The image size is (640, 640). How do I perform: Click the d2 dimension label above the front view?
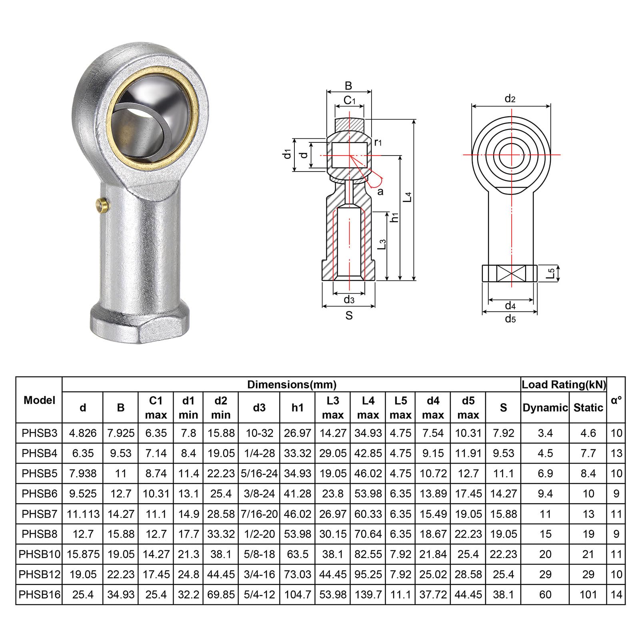pos(510,98)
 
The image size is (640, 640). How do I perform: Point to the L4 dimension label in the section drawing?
pos(408,197)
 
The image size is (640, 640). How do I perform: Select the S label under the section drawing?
pos(349,316)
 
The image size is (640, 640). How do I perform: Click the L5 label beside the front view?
pos(551,273)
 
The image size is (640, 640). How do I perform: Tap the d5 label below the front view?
pos(510,319)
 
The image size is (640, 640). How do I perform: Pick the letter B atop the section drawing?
pos(348,86)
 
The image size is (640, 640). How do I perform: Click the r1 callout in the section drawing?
pos(378,142)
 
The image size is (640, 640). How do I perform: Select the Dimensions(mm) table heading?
pos(292,385)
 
